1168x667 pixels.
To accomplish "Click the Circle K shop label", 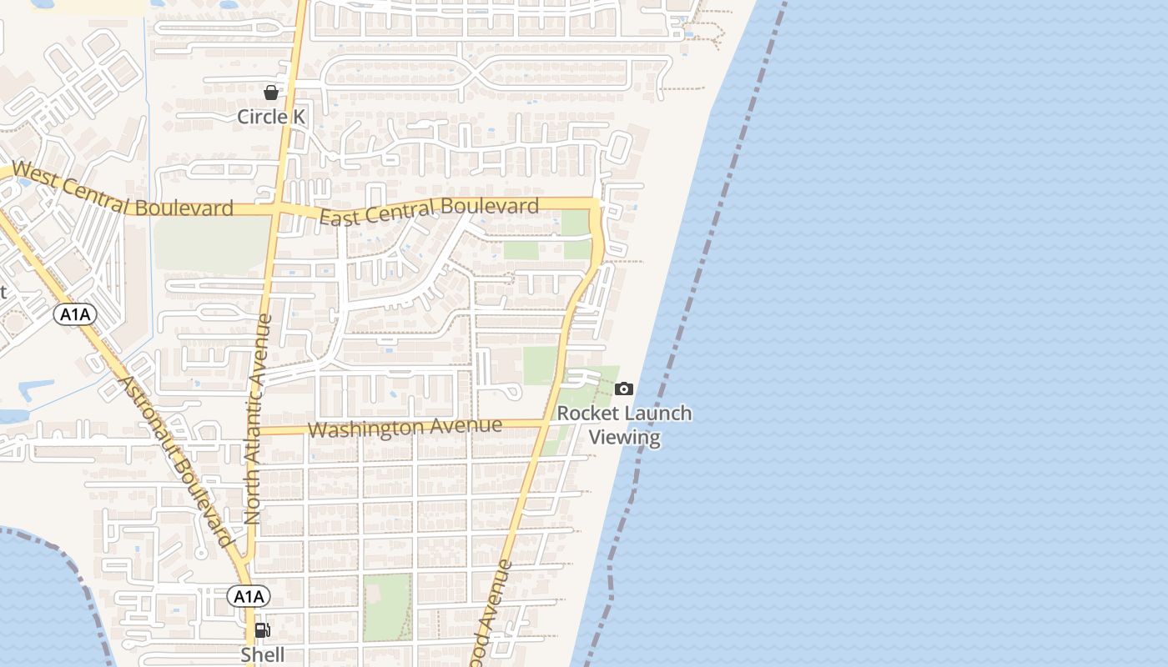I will coord(271,117).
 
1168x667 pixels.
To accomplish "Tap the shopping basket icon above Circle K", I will coord(271,92).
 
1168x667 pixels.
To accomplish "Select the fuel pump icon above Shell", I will coord(261,630).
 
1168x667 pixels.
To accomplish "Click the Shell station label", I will coord(263,655).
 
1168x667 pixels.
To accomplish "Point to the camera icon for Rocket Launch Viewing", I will coord(623,389).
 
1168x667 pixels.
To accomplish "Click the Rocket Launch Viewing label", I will coord(625,425).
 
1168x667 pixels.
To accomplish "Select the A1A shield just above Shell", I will coord(249,596).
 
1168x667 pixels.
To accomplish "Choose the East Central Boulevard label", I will coord(430,212).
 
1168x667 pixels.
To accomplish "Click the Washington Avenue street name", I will coord(405,428).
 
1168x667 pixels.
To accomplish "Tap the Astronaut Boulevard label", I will coord(175,461).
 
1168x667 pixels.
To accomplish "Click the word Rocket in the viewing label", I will coord(588,414).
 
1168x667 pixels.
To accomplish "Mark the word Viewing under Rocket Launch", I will coord(625,438).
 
